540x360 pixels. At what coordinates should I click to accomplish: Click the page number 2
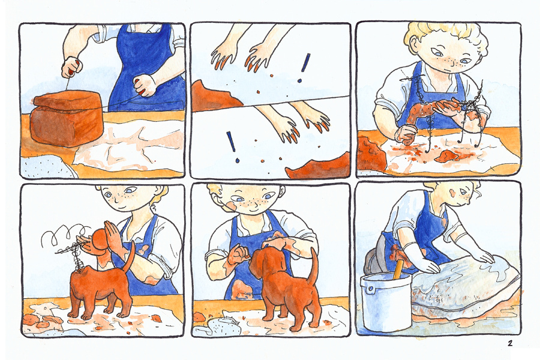[509, 343]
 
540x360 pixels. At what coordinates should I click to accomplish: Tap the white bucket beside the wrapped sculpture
[386, 301]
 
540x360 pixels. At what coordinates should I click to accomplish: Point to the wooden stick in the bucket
[398, 269]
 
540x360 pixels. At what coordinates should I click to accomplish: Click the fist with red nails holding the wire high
[72, 67]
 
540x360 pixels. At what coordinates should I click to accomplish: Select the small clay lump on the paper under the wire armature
[446, 157]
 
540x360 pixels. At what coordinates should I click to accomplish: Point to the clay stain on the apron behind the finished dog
[242, 290]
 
